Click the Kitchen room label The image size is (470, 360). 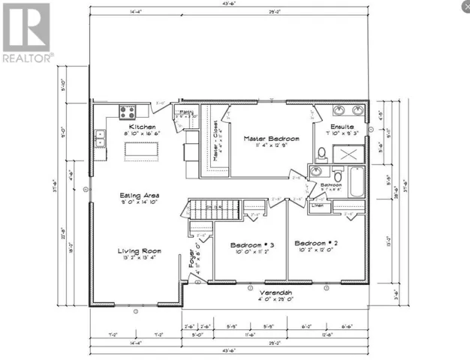click(x=141, y=127)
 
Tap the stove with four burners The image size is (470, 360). click(x=127, y=112)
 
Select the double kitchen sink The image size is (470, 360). click(x=100, y=138)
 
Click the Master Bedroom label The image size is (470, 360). click(x=271, y=139)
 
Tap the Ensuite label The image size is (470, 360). click(x=343, y=127)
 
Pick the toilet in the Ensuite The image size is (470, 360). click(x=321, y=154)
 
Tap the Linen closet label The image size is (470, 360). click(x=318, y=205)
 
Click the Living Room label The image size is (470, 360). click(x=137, y=251)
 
